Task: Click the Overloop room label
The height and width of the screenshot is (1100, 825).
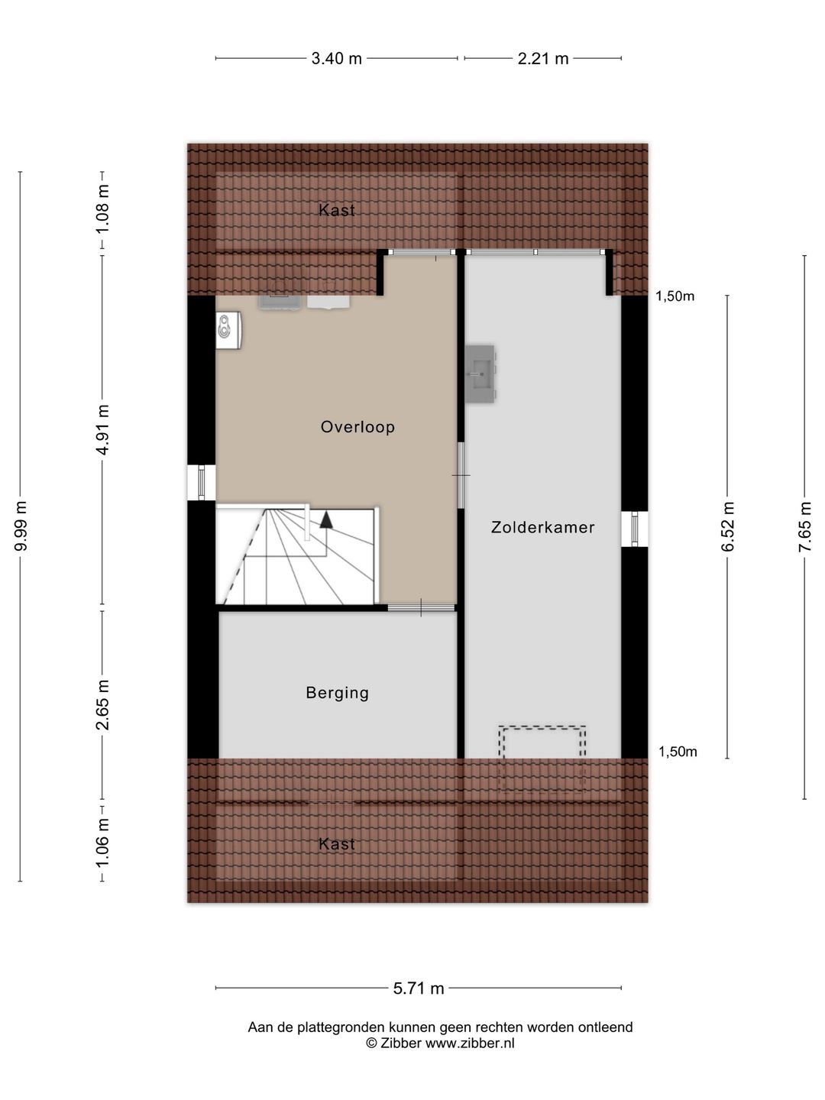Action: click(x=357, y=427)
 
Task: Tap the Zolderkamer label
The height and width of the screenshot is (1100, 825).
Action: click(x=542, y=527)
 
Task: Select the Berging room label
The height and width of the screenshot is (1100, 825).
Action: click(x=337, y=693)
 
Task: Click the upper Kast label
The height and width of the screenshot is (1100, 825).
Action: click(x=337, y=210)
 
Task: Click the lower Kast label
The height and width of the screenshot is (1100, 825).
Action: click(x=337, y=844)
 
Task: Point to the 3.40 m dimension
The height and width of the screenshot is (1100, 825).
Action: click(x=336, y=59)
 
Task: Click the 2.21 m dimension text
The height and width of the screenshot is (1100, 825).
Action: click(x=543, y=59)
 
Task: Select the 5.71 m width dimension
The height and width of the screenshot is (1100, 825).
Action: click(x=419, y=988)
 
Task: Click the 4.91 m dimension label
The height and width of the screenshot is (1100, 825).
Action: click(x=102, y=429)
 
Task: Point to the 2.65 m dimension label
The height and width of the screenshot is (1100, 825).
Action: click(x=102, y=704)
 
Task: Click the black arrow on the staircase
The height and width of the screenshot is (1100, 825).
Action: click(x=326, y=520)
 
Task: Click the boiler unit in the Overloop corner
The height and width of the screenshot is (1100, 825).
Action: click(x=228, y=330)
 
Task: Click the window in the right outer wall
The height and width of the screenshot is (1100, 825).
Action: click(x=635, y=529)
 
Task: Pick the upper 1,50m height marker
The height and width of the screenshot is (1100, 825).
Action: click(x=675, y=296)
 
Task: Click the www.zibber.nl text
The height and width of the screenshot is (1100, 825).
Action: click(x=470, y=1043)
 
